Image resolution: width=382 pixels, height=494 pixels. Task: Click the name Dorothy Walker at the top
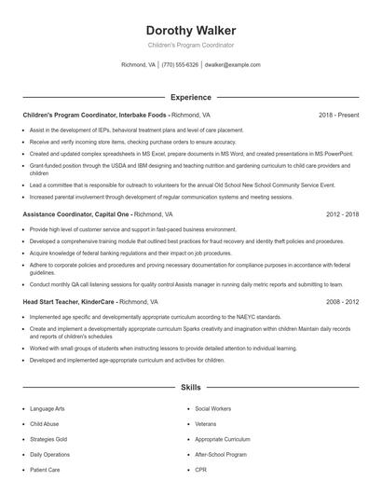pos(190,31)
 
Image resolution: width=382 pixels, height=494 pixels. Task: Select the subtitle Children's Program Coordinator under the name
pos(190,45)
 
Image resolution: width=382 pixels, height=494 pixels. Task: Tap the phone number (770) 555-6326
pos(180,65)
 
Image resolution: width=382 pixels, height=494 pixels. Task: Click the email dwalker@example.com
pos(232,65)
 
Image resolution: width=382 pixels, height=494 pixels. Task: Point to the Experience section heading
pos(190,97)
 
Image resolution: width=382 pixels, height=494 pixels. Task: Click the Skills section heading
pos(190,386)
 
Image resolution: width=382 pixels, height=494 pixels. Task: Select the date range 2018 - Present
pos(338,115)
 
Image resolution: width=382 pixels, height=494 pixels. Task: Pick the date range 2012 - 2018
pos(342,213)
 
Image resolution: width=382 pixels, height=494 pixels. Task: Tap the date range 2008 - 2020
pos(342,302)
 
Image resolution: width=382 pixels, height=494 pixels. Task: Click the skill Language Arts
pos(48,408)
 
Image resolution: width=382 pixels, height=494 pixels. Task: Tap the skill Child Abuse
pos(44,423)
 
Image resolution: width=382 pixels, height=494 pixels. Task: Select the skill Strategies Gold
pos(48,438)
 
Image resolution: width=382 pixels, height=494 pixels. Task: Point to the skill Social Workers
pos(213,408)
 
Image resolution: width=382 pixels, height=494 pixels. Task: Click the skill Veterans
pos(206,423)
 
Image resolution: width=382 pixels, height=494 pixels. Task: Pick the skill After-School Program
pos(221,454)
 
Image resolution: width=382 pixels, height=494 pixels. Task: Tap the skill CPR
pos(200,469)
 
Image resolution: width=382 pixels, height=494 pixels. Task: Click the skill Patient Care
pos(45,469)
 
